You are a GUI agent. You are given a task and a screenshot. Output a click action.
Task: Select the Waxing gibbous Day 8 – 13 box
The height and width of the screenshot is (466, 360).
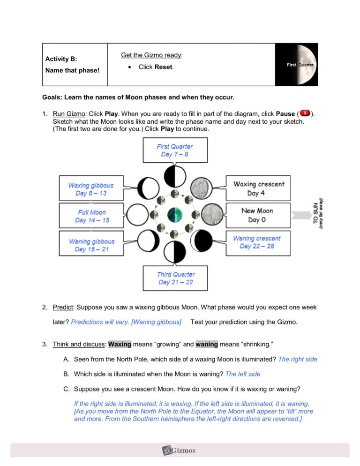click(91, 189)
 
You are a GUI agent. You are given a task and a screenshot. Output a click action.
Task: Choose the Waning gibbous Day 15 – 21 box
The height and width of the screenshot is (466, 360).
click(91, 245)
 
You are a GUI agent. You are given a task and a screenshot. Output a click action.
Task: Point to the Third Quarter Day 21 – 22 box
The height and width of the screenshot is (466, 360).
click(176, 278)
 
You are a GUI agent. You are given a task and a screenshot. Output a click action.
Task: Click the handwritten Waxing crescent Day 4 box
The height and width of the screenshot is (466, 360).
click(259, 188)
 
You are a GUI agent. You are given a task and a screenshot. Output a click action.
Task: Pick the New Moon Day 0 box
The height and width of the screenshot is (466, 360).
click(257, 215)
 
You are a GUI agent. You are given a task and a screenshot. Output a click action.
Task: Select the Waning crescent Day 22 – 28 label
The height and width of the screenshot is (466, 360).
click(257, 242)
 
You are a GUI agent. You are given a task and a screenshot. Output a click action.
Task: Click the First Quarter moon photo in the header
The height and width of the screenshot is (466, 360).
click(296, 65)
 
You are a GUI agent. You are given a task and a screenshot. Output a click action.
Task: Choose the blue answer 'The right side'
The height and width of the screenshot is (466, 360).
click(298, 359)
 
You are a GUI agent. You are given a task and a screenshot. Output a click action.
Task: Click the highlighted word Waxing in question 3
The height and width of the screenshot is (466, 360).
click(120, 344)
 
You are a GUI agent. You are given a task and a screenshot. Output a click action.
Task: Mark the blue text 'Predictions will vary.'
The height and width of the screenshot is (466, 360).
click(100, 322)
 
